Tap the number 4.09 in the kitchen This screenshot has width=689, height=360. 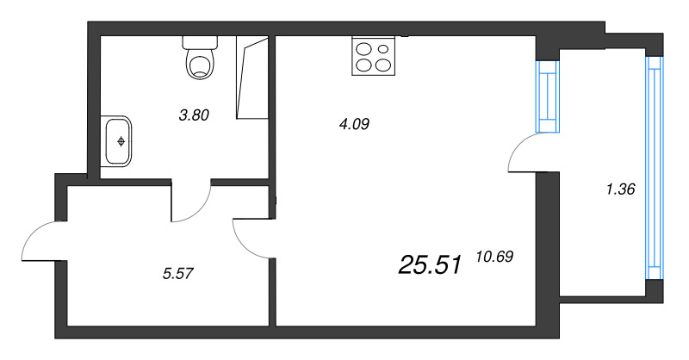(354, 124)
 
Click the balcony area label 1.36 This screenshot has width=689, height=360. (620, 189)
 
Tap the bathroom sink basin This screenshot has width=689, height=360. (119, 140)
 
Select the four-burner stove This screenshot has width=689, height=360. (374, 56)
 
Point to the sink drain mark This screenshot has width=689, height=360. (121, 140)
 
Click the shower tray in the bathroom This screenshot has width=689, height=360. (256, 78)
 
